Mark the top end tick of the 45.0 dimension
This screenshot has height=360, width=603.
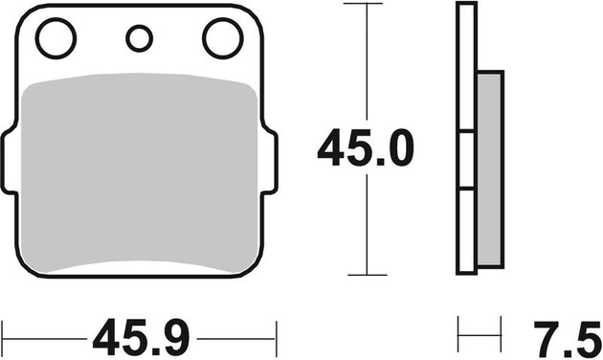(368, 5)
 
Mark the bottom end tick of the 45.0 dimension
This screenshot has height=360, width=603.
(368, 275)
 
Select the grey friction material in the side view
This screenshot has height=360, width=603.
(488, 169)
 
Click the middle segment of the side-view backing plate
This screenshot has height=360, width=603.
(466, 160)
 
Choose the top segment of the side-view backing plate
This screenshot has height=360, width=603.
(466, 67)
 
